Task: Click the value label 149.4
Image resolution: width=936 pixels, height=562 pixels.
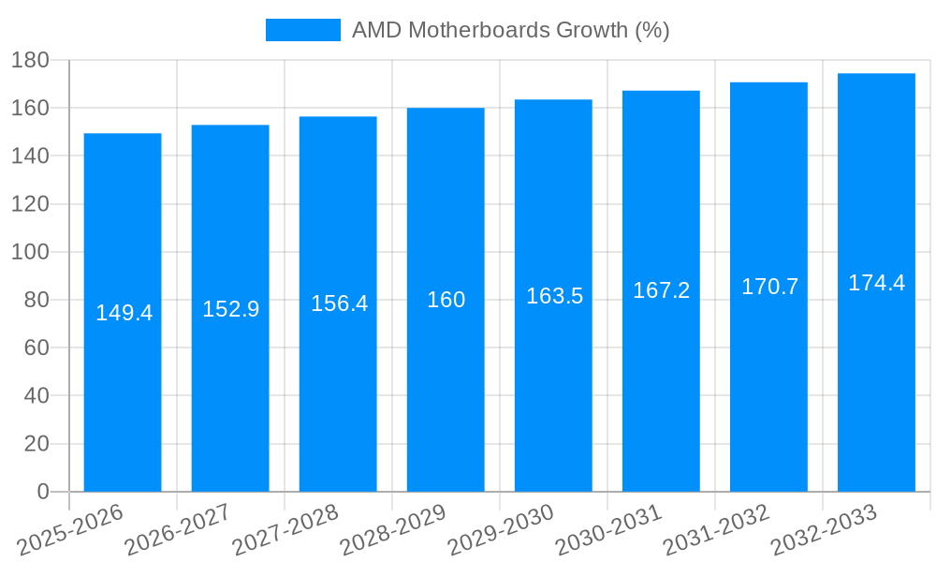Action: point(124,313)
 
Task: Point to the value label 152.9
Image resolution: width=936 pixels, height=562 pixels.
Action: point(230,309)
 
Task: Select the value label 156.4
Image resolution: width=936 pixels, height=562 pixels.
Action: point(339,304)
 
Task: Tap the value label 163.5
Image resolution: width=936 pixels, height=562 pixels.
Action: point(554,296)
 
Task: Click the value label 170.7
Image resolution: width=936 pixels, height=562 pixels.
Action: point(769,288)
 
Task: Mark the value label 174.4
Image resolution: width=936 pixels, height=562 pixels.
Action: point(876,283)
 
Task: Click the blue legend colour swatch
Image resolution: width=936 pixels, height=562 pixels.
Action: point(302,30)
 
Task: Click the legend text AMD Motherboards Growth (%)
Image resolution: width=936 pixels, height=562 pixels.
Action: point(510,30)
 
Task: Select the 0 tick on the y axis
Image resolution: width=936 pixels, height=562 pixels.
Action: point(42,492)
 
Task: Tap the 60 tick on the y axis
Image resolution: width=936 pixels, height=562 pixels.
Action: point(36,348)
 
